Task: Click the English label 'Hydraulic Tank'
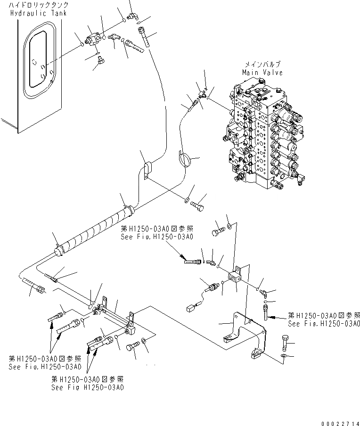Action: pos(38,13)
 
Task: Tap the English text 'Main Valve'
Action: pos(262,73)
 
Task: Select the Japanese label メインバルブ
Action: pos(262,65)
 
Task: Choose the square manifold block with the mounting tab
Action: pos(234,278)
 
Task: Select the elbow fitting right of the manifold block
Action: pos(264,293)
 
